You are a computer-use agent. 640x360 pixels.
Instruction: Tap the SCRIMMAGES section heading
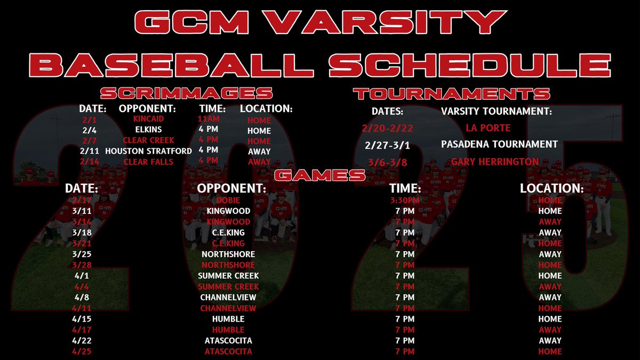coord(187,93)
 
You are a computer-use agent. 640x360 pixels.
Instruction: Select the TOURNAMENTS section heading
coord(451,93)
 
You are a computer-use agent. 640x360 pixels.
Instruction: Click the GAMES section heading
coord(320,174)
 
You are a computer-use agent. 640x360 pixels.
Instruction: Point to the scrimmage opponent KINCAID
coord(149,119)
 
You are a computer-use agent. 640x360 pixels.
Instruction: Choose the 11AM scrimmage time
coord(208,119)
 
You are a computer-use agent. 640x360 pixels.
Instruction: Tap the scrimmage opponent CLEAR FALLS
coord(149,161)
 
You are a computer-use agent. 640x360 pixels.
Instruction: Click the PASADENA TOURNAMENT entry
coord(499,144)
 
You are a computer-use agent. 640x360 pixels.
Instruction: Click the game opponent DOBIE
coord(228,200)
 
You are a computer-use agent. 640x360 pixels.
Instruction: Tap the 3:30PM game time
coord(405,200)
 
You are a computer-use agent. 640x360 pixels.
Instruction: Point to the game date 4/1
coord(82,276)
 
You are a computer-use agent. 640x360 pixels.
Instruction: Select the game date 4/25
coord(82,351)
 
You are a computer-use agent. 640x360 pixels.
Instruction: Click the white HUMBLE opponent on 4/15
coord(228,319)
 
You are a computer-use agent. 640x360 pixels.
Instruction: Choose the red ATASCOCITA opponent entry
coord(228,351)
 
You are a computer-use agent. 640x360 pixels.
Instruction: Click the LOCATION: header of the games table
coord(551,189)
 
